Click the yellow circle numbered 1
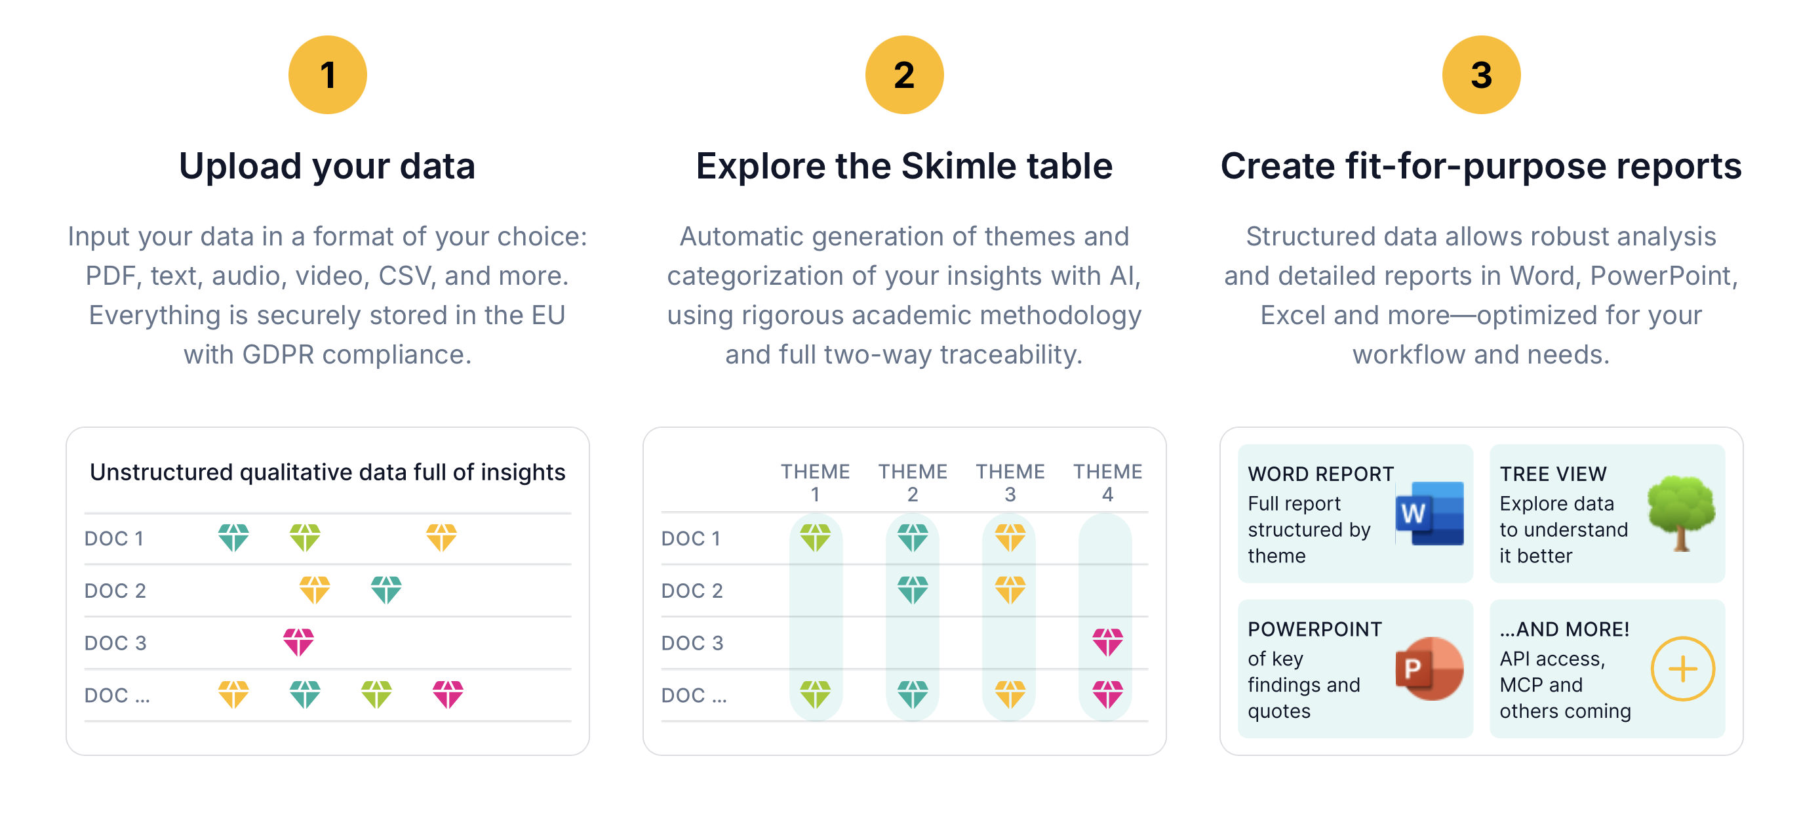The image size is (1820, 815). point(327,75)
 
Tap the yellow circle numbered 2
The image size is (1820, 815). point(903,75)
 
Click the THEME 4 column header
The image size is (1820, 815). point(1107,482)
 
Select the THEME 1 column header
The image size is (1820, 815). point(815,482)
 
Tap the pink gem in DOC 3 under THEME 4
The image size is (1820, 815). point(1107,642)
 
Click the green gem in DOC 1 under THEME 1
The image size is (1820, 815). point(815,537)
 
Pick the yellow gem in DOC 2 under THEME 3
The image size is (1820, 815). point(1010,589)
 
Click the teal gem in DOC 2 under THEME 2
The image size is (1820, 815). point(912,589)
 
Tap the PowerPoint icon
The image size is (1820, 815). point(1429,669)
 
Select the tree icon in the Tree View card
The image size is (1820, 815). point(1681,512)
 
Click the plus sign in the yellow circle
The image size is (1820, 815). point(1682,669)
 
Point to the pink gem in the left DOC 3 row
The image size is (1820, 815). point(298,642)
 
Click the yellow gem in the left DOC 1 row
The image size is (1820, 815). point(442,537)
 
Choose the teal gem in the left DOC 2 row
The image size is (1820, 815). point(386,589)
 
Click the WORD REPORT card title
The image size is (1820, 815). point(1320,474)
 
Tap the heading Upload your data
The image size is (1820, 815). point(327,167)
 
